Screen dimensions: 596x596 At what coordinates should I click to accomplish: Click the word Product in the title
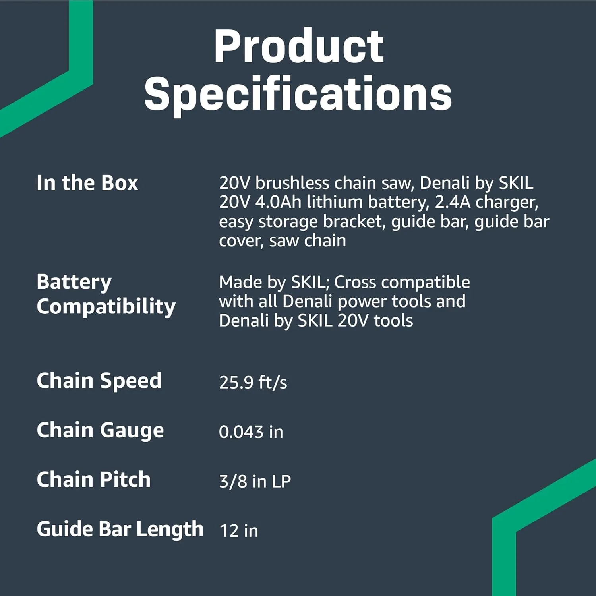coord(298,47)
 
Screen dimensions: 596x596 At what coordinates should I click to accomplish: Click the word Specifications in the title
coord(298,95)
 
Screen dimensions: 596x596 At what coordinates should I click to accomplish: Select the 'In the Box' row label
coord(87,183)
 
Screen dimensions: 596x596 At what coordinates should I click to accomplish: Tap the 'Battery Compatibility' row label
coord(106,294)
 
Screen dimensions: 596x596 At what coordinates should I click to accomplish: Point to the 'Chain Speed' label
coord(99,381)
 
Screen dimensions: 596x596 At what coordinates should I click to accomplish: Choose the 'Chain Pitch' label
coord(94,480)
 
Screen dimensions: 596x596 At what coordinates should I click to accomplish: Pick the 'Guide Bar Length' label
coord(120,529)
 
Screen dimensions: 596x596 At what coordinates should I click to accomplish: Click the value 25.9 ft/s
coord(253,382)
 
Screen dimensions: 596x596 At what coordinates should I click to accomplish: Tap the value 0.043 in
coord(251,432)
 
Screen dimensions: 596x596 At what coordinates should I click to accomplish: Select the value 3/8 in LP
coord(255,481)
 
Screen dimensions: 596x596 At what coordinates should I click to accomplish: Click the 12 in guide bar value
coord(238,531)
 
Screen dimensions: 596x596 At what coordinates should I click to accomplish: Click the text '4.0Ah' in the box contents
coord(278,202)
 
